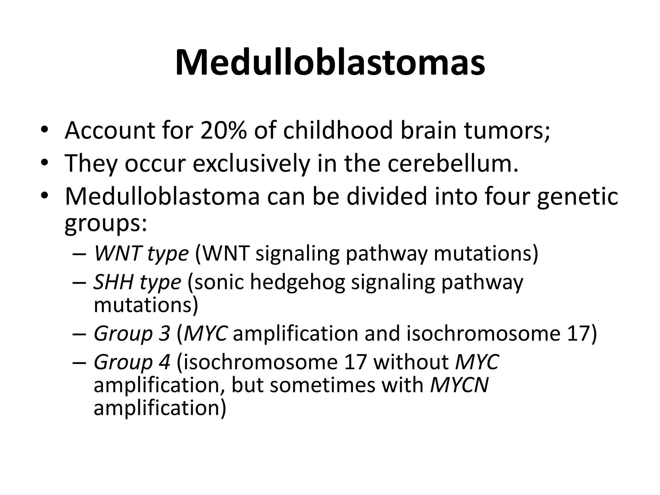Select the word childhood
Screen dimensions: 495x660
coord(337,131)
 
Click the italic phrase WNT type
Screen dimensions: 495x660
coord(141,254)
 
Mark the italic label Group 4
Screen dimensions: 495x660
coord(132,362)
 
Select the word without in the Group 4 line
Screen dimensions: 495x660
coord(411,362)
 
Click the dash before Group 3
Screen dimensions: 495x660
coord(79,334)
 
